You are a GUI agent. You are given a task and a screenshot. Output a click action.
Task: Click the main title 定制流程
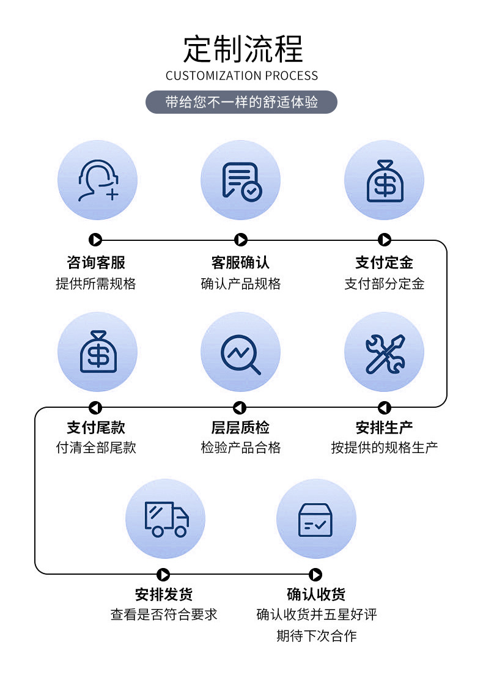click(243, 50)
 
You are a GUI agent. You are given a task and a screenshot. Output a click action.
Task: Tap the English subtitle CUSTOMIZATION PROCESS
click(242, 76)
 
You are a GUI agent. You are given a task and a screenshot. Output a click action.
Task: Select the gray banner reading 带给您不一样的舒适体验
click(242, 102)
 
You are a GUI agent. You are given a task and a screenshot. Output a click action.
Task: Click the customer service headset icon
click(97, 180)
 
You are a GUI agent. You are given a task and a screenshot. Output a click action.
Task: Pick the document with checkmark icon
click(241, 180)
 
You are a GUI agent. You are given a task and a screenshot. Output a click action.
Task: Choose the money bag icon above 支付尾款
click(97, 352)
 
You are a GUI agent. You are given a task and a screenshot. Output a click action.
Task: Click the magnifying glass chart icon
click(241, 353)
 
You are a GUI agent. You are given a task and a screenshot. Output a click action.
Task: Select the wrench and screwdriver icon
click(385, 353)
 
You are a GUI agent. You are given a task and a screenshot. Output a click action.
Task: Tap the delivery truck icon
click(166, 519)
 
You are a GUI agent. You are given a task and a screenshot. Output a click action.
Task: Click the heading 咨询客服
click(96, 263)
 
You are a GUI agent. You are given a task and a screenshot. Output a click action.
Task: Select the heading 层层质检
click(240, 427)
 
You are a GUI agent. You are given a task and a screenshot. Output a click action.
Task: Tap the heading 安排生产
click(385, 427)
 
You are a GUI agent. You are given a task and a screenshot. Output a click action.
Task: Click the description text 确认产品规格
click(240, 284)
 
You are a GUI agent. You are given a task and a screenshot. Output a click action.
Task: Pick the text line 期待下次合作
click(316, 636)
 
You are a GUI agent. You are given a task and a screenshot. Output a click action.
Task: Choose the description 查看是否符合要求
click(164, 614)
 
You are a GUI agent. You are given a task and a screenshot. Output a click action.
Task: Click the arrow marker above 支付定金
click(385, 240)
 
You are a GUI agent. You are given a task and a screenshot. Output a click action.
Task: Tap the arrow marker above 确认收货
click(315, 575)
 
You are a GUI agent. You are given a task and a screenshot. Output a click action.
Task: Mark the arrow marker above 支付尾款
click(95, 408)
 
